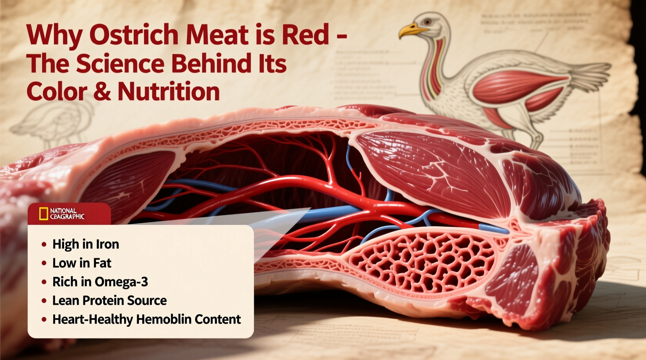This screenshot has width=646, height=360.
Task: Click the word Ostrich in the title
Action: tap(134, 35)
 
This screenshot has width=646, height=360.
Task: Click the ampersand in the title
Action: tap(102, 92)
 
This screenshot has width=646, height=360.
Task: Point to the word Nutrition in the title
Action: tap(169, 92)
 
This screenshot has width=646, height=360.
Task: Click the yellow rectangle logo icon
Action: tap(43, 214)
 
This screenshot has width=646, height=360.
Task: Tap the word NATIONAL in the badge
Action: tap(63, 211)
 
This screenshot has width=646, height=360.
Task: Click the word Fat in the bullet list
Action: tap(102, 263)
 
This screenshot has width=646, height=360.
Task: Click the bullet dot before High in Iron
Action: tap(44, 244)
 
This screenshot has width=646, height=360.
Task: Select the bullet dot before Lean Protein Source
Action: tap(44, 301)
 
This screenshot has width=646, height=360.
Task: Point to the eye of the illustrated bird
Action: tap(427, 22)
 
